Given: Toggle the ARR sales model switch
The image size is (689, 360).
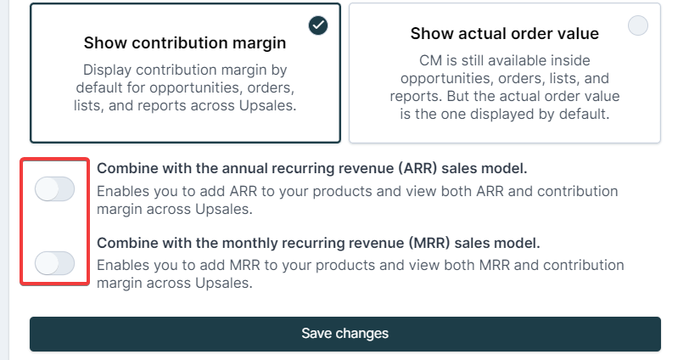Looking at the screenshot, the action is point(54,189).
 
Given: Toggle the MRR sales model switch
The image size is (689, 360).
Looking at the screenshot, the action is point(54,263).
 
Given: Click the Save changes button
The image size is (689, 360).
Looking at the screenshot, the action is point(345,334).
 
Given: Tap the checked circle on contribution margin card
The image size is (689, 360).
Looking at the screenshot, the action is point(318,25).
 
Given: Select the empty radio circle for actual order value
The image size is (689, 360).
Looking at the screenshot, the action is point(638,25).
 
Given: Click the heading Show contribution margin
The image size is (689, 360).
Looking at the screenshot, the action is point(185,43).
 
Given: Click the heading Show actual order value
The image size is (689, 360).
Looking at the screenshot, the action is point(504,33).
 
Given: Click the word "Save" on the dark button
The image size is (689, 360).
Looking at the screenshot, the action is point(316,334).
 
